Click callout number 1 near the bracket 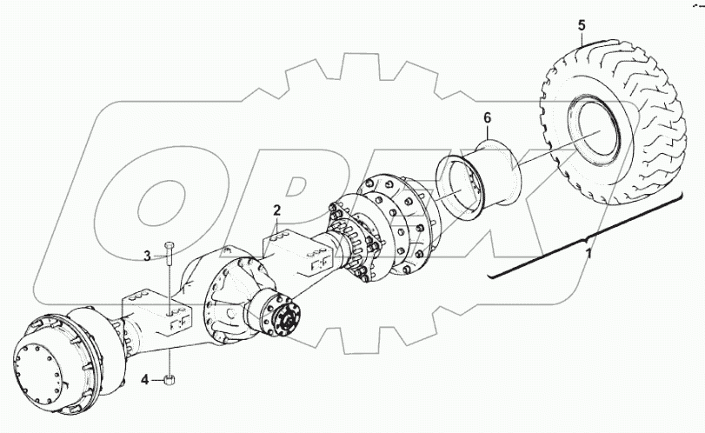coord(589,252)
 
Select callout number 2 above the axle coord(276,210)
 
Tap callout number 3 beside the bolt coord(147,255)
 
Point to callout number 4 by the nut coord(147,378)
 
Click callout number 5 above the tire coord(581,25)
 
